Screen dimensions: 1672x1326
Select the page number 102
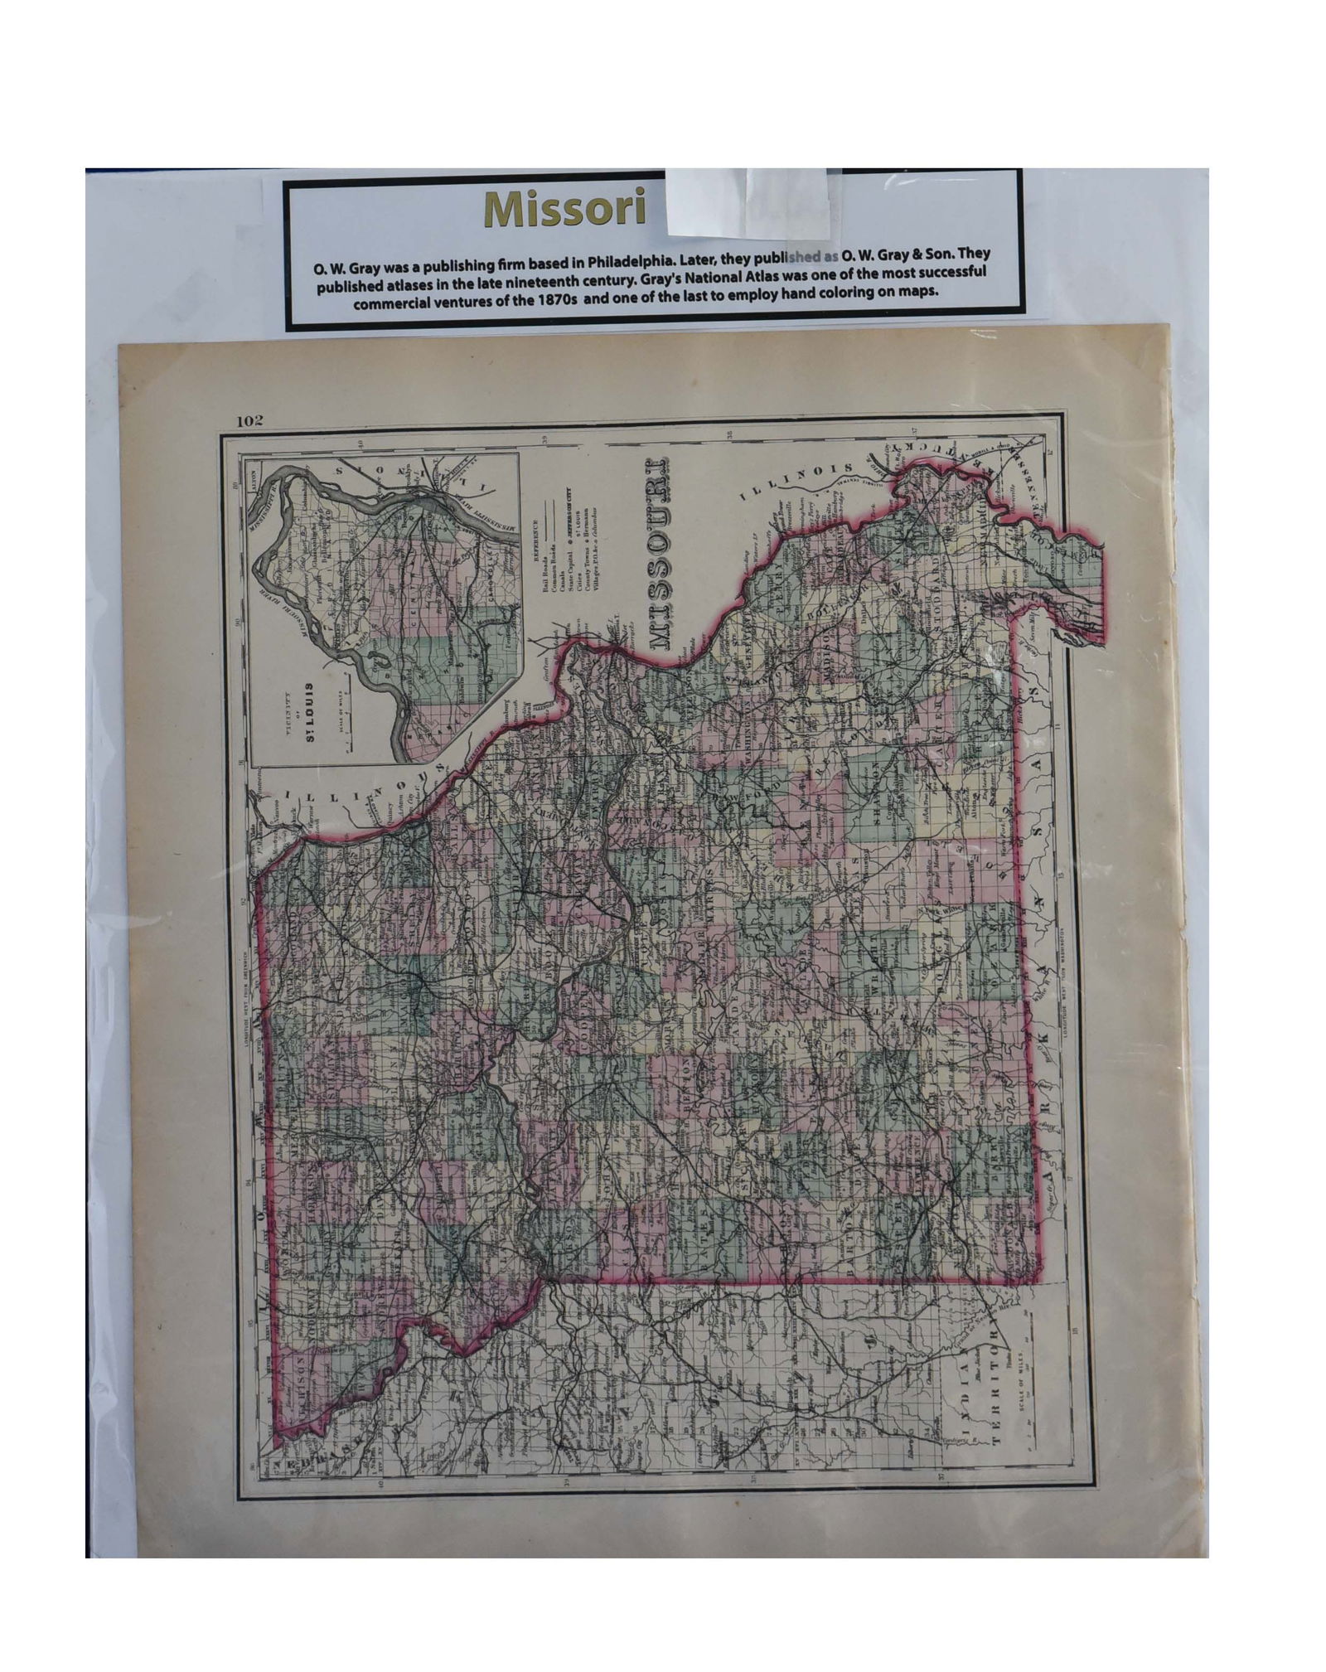point(249,421)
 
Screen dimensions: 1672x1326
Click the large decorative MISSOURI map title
point(660,550)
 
